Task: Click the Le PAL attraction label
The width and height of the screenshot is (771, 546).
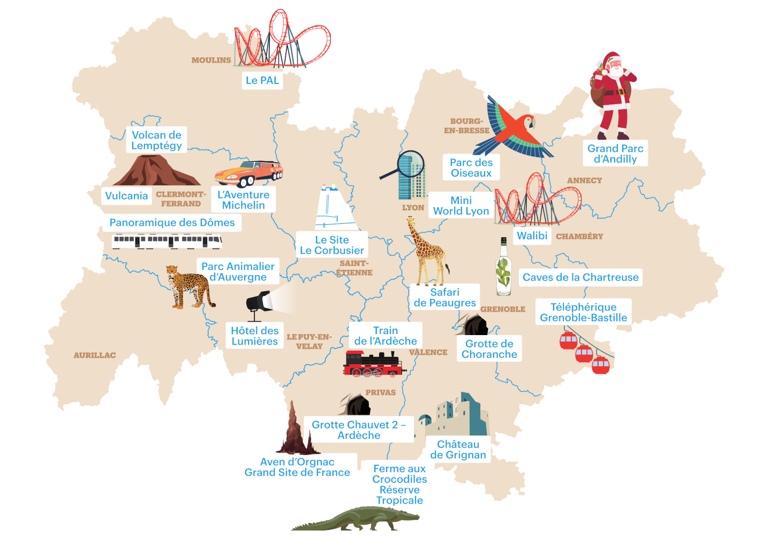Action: point(262,81)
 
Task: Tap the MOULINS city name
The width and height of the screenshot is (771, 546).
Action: point(211,60)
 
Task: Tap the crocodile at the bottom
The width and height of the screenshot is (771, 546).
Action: point(356,519)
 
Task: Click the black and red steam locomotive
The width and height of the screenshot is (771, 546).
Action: point(373,364)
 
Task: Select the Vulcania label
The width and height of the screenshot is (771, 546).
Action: point(126,196)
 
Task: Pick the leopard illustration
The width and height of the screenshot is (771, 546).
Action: point(187,286)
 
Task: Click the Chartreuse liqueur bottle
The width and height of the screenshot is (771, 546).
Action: point(503,268)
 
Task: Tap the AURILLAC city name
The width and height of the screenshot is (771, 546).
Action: point(94,355)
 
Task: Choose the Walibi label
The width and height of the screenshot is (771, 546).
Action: point(532,236)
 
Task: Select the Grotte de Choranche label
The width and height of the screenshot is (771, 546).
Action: point(489,349)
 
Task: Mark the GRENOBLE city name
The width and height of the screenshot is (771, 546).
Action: point(503,309)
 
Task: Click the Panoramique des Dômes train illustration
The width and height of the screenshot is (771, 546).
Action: point(167,241)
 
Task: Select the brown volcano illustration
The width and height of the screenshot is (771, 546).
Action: point(155,171)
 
